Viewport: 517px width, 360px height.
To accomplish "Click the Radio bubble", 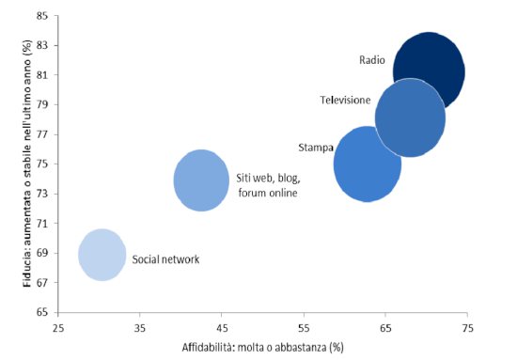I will [429, 70].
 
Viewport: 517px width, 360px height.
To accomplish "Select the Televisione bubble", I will [410, 117].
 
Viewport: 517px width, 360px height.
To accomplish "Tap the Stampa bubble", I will [368, 164].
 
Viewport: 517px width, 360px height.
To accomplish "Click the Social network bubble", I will [102, 254].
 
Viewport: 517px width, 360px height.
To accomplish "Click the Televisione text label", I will [345, 100].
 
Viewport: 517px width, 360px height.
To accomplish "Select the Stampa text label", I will [314, 148].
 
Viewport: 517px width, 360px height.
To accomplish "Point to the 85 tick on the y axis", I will [43, 16].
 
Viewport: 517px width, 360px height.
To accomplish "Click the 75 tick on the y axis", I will [43, 164].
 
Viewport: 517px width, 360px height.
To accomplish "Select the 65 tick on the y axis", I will [43, 312].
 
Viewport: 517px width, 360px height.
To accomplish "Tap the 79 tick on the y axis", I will [43, 105].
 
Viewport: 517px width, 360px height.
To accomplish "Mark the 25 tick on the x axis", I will [58, 328].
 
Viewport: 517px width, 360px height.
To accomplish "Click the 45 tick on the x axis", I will [222, 328].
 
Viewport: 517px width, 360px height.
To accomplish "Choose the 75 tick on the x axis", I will [467, 328].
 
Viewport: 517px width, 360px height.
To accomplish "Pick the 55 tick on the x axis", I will [304, 328].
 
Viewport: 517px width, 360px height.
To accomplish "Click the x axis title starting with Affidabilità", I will [262, 348].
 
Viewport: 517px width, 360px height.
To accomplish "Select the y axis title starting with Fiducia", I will [16, 164].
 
